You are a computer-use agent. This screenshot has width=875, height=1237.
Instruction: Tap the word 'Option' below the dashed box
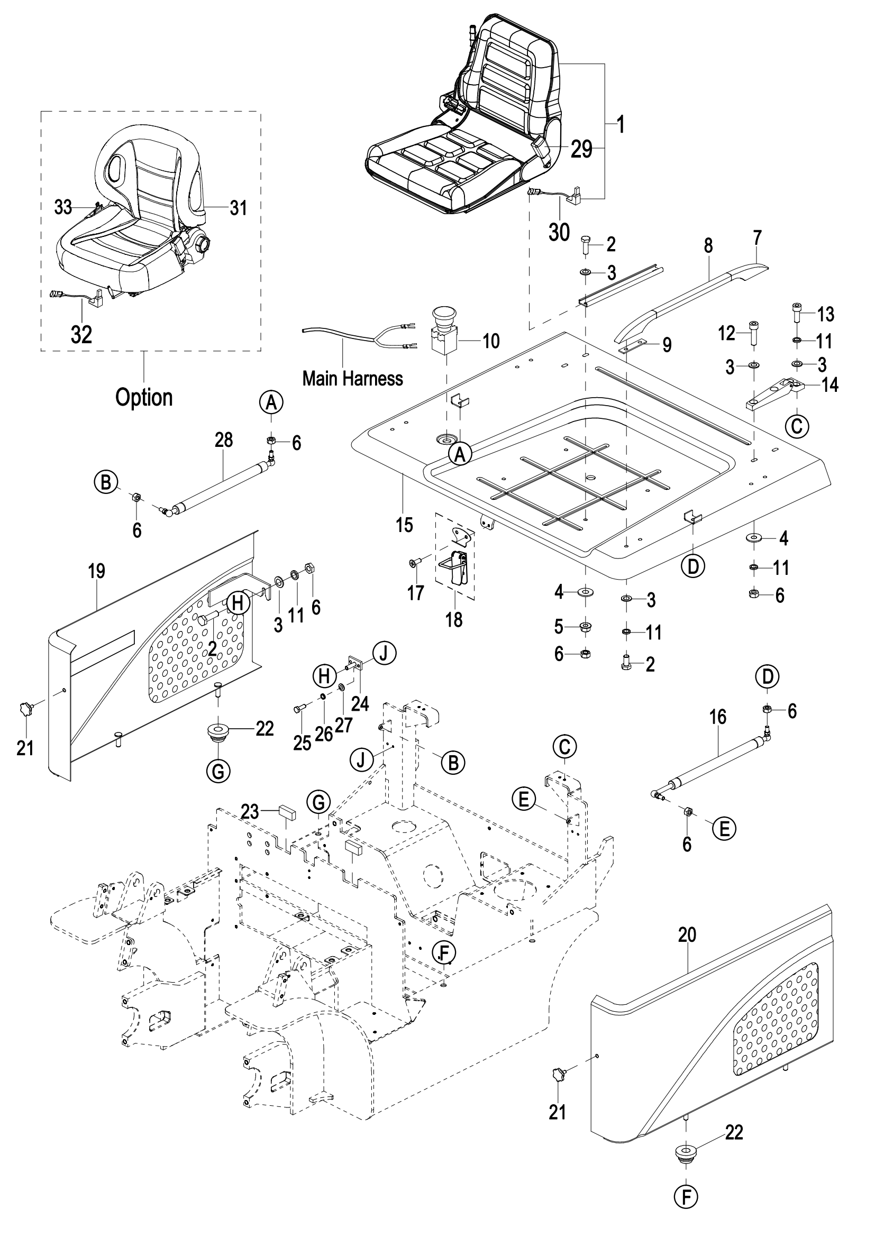144,398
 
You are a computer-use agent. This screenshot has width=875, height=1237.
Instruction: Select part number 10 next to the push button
491,341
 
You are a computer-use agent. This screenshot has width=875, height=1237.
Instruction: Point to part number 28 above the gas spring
224,440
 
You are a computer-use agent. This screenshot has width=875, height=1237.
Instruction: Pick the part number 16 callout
718,717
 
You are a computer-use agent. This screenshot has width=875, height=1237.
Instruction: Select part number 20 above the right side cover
687,936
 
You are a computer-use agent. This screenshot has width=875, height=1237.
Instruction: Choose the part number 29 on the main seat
581,149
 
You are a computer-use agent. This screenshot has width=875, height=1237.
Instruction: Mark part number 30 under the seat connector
559,233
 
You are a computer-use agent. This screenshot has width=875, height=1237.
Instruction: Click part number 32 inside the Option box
81,335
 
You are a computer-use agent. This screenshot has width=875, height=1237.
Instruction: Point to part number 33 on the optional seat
63,207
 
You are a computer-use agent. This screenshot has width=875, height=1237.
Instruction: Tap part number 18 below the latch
454,620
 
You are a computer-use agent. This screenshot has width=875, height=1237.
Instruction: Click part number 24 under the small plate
360,703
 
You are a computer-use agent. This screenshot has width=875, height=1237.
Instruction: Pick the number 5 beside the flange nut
559,627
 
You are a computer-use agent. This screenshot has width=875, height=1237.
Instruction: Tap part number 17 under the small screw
415,593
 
